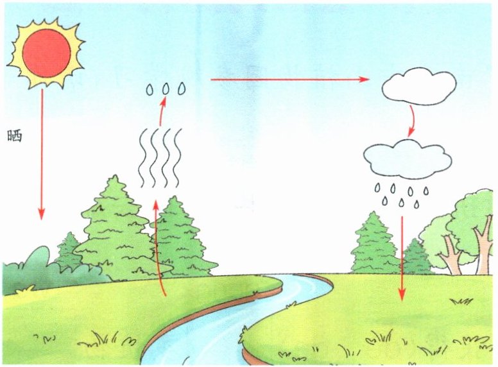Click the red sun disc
click(x=46, y=51)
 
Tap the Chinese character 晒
click(x=14, y=136)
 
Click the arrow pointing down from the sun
click(x=42, y=154)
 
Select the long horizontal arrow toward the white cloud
click(x=289, y=80)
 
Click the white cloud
click(x=419, y=87)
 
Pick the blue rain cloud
click(x=406, y=159)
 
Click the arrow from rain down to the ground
click(x=402, y=257)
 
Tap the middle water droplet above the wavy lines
click(x=166, y=88)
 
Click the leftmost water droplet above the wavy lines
click(x=150, y=89)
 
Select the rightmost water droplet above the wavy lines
click(x=182, y=88)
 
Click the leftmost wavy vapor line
click(x=143, y=157)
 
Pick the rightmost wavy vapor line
click(x=177, y=157)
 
